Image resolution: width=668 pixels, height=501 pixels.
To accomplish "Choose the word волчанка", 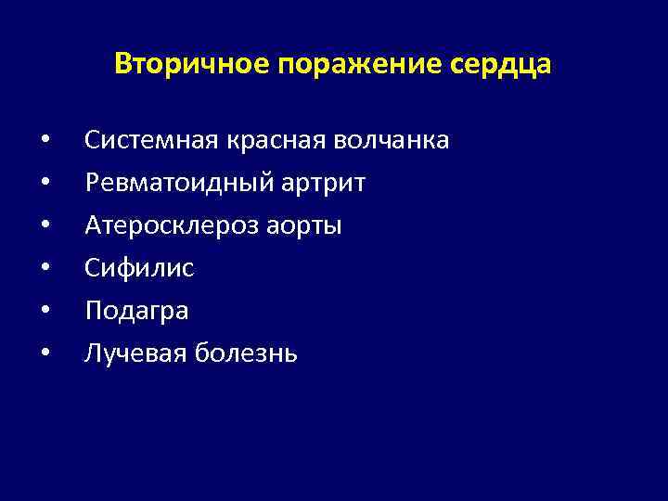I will click(392, 141).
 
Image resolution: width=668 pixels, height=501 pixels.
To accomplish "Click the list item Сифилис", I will click(139, 269).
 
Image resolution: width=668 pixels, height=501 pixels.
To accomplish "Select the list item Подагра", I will click(136, 311).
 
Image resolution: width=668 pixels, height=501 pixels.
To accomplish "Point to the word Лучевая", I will click(137, 353).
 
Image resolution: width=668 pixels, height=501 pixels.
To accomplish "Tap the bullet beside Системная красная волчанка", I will click(45, 142).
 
